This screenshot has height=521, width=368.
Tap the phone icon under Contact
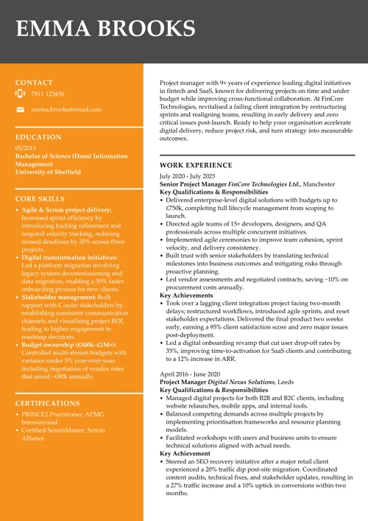pos(20,94)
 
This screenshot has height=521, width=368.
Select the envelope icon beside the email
pos(20,109)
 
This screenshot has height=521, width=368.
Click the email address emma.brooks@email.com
pos(66,109)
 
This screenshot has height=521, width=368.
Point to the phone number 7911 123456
pos(48,94)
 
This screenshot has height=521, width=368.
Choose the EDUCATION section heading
pos(38,137)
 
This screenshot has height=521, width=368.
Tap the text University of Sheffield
pos(48,172)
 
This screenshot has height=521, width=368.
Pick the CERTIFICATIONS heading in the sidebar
pos(48,403)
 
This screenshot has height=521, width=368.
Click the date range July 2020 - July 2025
pos(188,177)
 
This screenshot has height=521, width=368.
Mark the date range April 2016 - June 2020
pos(188,374)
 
